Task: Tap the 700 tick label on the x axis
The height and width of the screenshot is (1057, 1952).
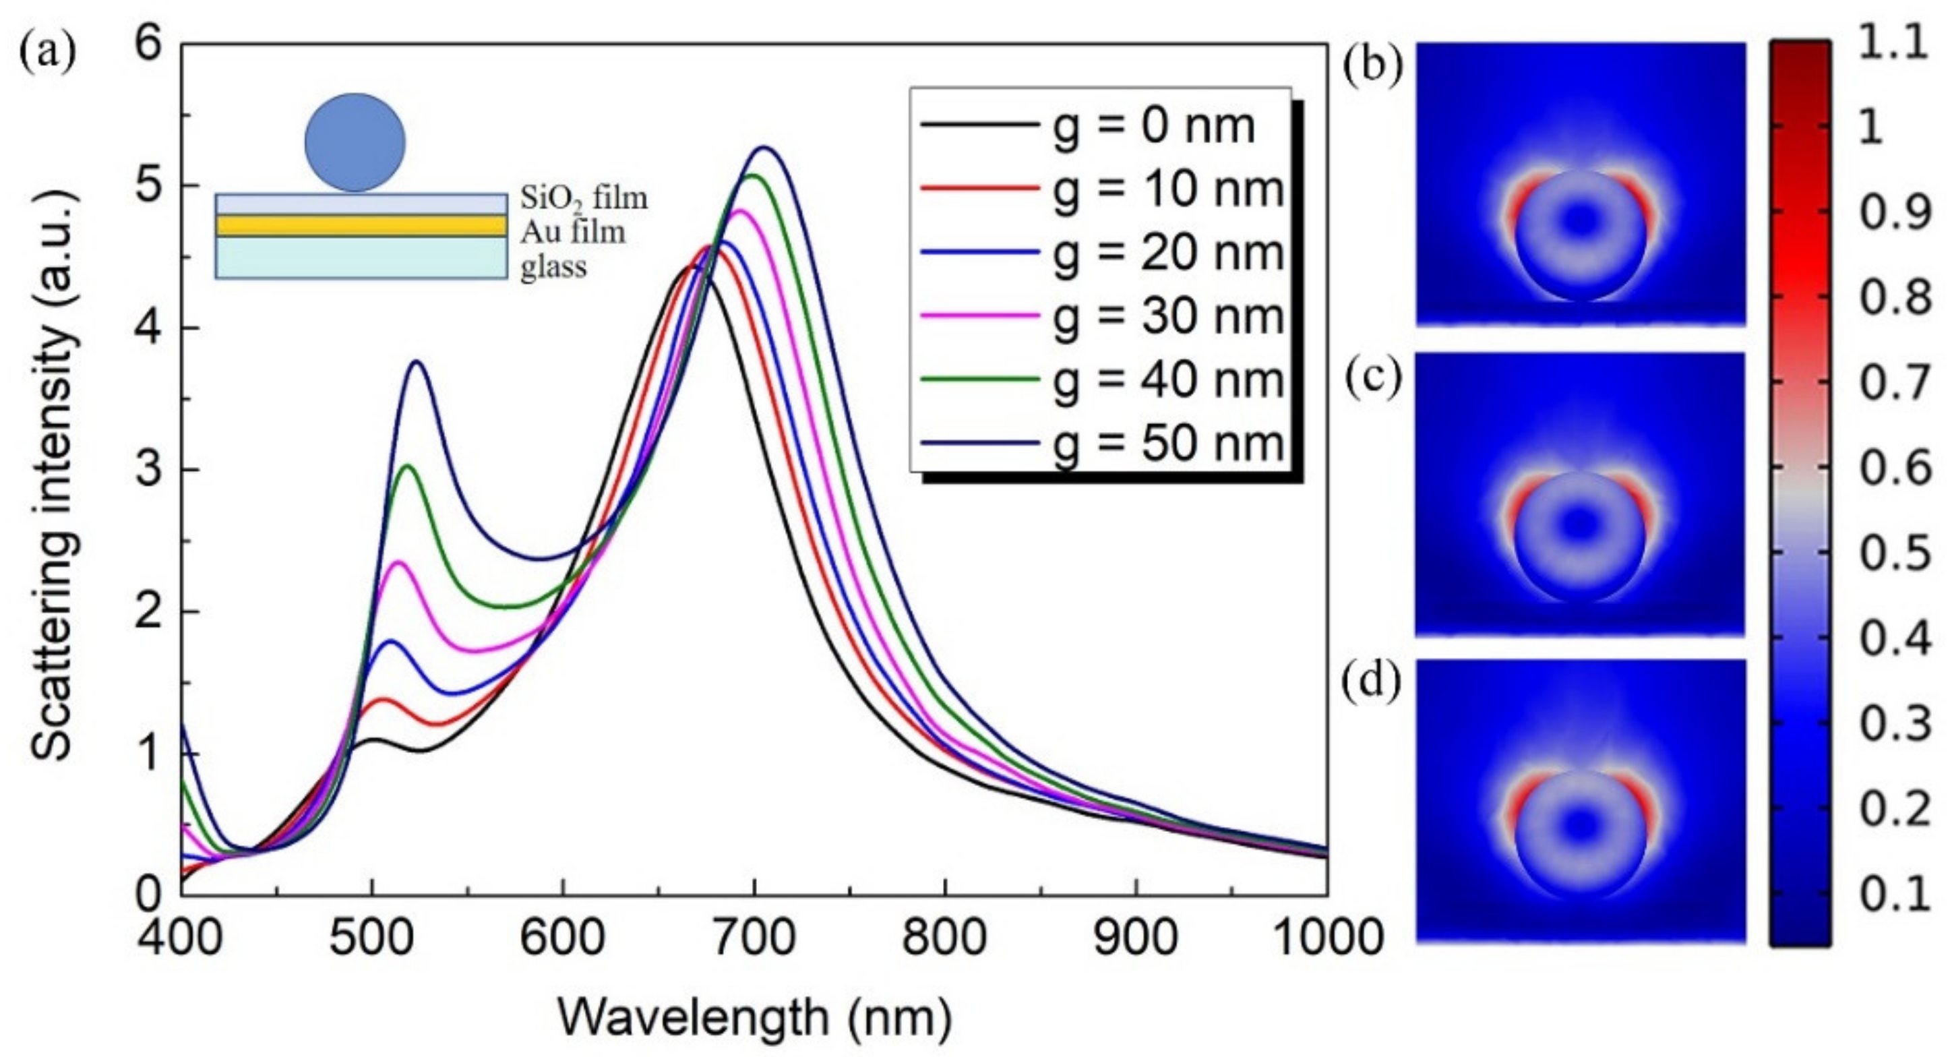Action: pos(754,938)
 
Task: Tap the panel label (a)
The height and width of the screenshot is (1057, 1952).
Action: pos(47,53)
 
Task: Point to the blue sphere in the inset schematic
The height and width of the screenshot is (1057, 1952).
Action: pos(355,142)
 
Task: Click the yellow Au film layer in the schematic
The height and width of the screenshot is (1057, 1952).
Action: pos(361,225)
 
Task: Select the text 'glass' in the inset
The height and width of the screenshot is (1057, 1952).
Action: pos(553,268)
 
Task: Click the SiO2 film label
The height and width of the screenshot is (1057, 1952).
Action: pos(584,198)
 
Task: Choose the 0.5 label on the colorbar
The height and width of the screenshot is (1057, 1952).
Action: pos(1895,554)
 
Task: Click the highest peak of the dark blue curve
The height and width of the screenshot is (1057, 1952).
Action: pos(764,148)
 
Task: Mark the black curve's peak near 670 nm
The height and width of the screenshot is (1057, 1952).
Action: pos(692,266)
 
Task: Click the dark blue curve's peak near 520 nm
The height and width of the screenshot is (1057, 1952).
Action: pos(417,362)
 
